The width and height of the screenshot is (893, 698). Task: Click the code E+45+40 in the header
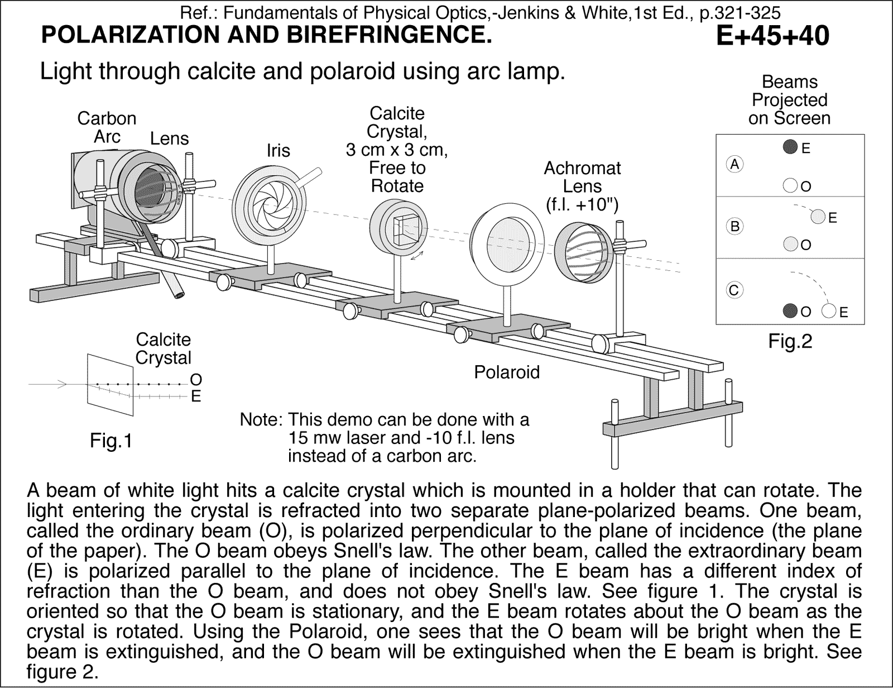click(x=772, y=36)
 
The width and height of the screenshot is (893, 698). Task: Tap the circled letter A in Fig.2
click(x=734, y=164)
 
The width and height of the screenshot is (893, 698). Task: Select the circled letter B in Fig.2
click(x=734, y=226)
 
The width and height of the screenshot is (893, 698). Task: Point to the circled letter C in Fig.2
click(x=734, y=290)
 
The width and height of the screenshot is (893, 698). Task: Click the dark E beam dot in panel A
click(x=789, y=147)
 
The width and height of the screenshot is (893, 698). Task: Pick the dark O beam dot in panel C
click(x=790, y=311)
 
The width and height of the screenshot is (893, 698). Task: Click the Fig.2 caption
click(x=790, y=341)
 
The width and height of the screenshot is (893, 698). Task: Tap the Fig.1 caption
click(x=111, y=441)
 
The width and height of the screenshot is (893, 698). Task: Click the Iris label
click(x=278, y=151)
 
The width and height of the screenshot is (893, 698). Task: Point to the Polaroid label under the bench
click(x=507, y=372)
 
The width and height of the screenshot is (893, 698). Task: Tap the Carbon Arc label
click(x=107, y=127)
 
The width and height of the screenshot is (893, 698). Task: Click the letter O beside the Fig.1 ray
click(x=196, y=380)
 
